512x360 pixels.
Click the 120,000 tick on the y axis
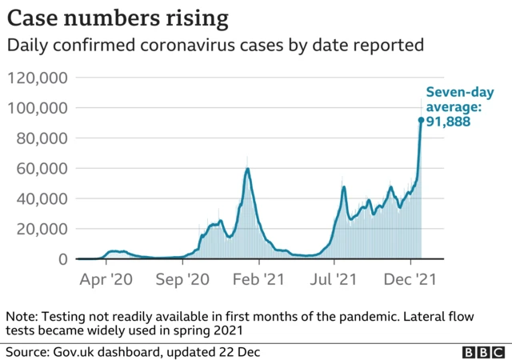38,78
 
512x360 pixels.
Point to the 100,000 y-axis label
38,108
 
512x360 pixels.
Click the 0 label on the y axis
62,259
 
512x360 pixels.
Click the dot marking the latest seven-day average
421,121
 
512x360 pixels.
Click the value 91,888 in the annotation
447,122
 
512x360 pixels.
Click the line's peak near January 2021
248,169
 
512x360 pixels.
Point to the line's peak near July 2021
343,187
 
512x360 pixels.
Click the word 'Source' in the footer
26,351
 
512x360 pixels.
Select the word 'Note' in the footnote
21,316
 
